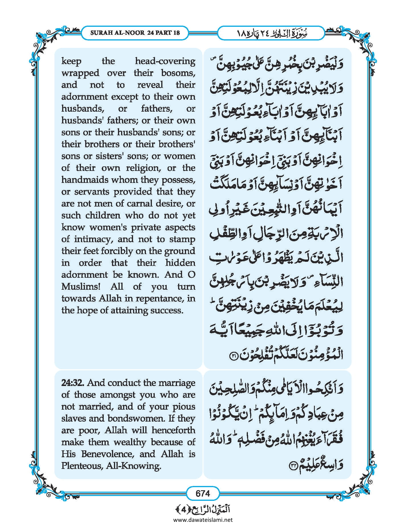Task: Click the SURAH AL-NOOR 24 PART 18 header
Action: (x=135, y=32)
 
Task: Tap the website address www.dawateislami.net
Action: (x=203, y=520)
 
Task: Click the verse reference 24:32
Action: (x=73, y=383)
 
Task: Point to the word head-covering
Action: (x=165, y=61)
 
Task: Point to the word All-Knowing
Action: (x=133, y=466)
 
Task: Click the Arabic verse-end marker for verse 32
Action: (x=293, y=465)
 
